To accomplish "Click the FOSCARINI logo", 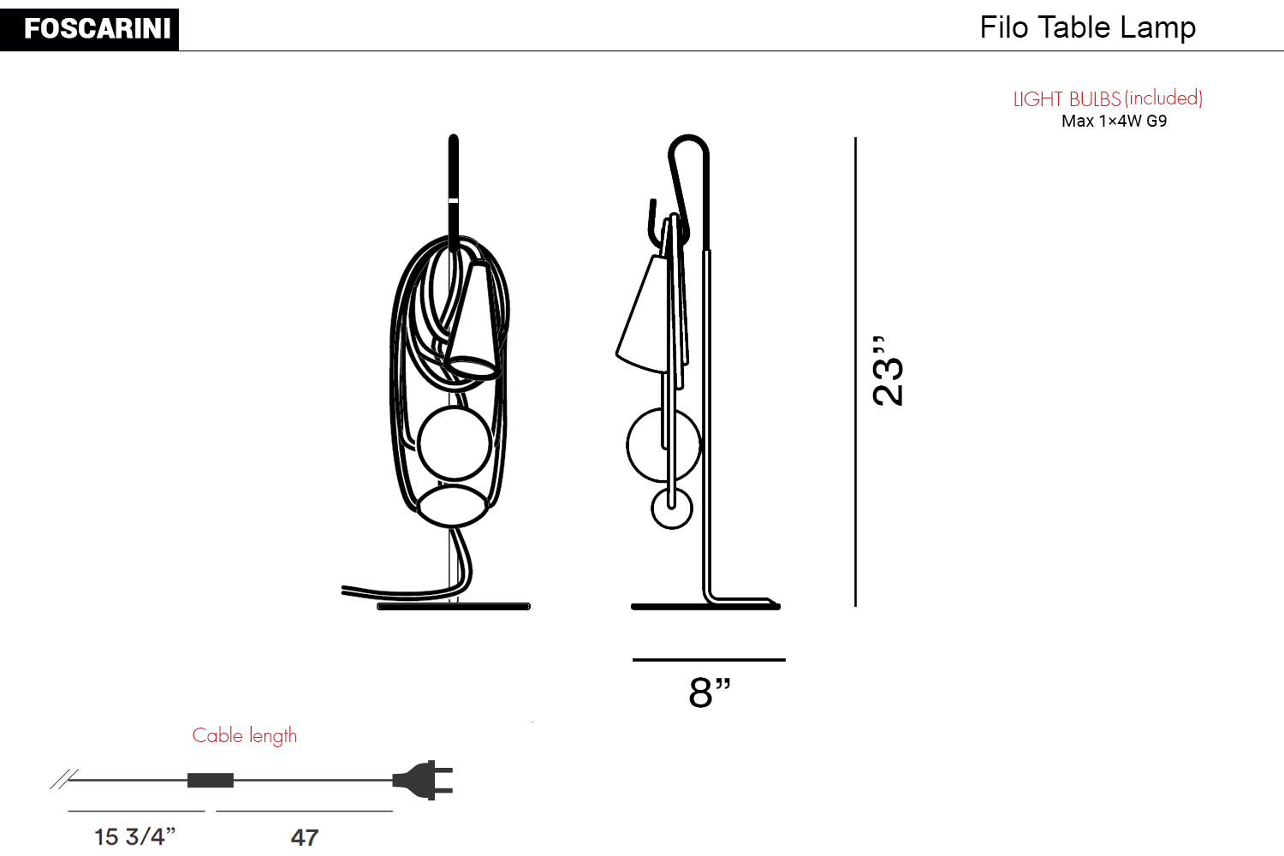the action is (89, 29).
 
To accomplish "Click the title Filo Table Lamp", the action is (1087, 27).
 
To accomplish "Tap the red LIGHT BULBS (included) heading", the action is (1108, 98).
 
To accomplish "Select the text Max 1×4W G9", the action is (1114, 121).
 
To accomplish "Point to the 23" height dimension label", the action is (888, 372).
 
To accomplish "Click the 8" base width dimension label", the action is (710, 692).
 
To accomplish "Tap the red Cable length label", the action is (245, 736).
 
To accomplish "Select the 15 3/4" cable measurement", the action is (134, 837).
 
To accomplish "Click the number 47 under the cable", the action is (305, 838).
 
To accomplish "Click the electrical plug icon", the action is (423, 780).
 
